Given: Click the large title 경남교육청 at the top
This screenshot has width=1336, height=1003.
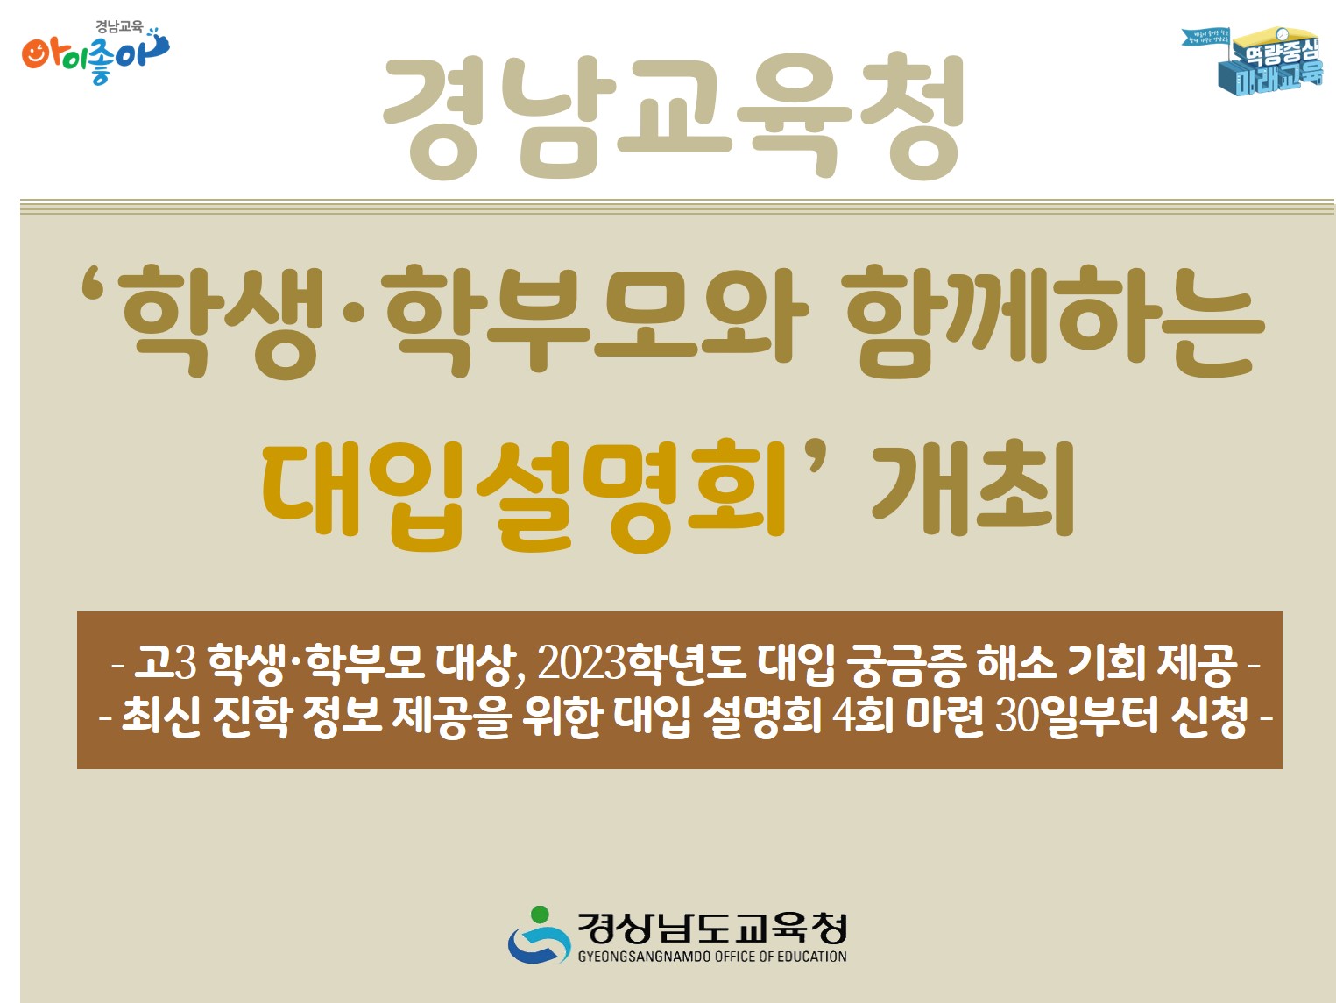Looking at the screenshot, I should point(673,117).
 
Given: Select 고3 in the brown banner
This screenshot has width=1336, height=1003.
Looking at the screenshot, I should point(165,663).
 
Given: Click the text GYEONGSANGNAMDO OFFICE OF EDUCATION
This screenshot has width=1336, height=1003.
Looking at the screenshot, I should point(711,957).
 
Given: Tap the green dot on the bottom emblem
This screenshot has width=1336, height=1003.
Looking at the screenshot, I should point(540,915).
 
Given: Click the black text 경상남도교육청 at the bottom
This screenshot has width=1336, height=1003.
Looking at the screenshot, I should point(711,928).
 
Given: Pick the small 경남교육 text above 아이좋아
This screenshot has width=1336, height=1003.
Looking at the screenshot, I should point(119,27).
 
